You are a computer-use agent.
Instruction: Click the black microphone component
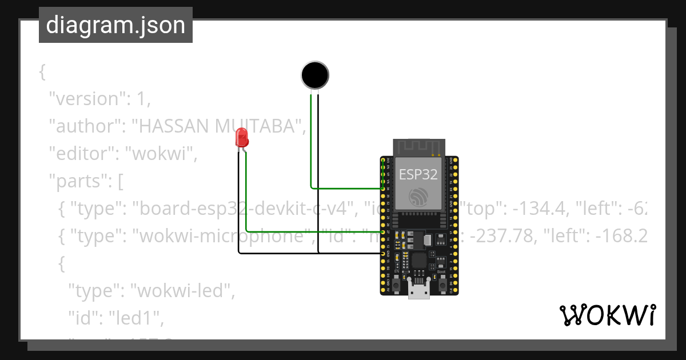coord(315,75)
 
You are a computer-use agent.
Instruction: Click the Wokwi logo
coord(607,315)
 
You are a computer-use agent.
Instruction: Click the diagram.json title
coord(115,25)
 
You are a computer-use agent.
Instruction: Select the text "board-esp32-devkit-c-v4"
coord(240,209)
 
